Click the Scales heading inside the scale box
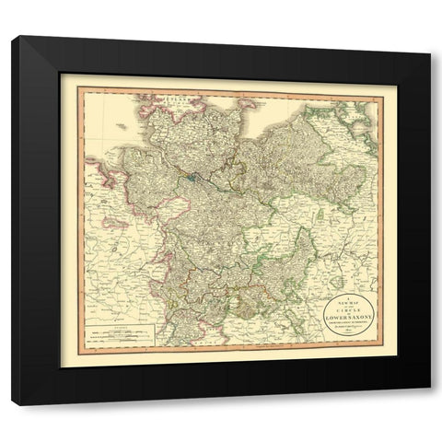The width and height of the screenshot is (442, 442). tap(115, 323)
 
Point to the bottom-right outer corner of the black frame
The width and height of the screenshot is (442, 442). tap(430, 405)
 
